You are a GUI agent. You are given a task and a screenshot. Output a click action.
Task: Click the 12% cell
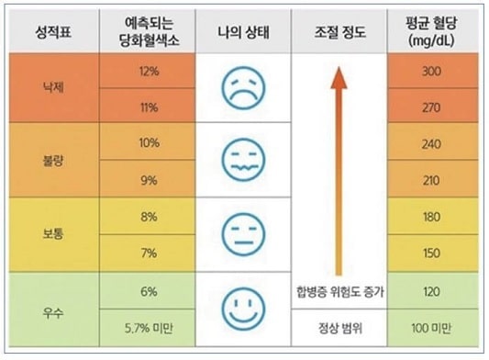click(149, 72)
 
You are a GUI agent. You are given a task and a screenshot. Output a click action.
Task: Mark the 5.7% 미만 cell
click(149, 326)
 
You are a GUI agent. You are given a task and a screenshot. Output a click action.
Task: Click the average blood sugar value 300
click(429, 72)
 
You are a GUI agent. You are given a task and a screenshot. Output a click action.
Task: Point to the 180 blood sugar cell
click(429, 217)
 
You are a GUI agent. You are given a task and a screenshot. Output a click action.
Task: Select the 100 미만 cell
click(429, 326)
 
